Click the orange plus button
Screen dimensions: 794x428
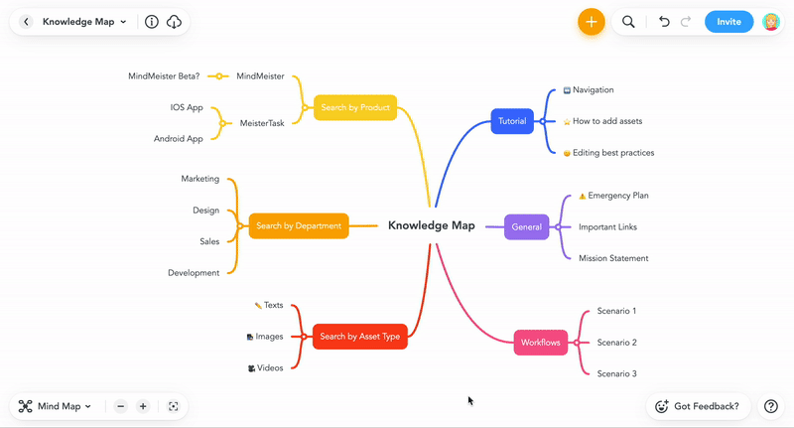[x=591, y=22]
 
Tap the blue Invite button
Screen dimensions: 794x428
[x=728, y=22]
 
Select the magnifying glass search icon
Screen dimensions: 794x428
[x=628, y=22]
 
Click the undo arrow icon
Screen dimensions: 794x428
[x=664, y=22]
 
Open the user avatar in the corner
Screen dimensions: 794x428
[x=771, y=22]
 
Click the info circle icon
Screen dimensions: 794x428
[x=152, y=22]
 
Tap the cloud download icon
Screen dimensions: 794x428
[x=174, y=22]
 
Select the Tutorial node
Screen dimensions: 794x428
[x=512, y=121]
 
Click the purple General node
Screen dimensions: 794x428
[x=527, y=227]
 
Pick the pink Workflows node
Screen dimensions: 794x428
[x=540, y=343]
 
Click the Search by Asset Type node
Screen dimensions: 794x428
[x=360, y=337]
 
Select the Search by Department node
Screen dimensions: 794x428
[x=299, y=225]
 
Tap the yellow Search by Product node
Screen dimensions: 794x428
[x=355, y=107]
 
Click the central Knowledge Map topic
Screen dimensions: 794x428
[x=432, y=225]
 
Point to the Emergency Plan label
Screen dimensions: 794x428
[x=617, y=196]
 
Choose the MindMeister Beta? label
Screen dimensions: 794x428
[x=164, y=76]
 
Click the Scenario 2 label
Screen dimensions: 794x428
[x=616, y=343]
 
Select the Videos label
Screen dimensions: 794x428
[x=270, y=368]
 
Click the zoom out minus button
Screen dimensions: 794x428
[x=120, y=406]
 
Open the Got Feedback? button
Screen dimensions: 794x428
[x=699, y=406]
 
